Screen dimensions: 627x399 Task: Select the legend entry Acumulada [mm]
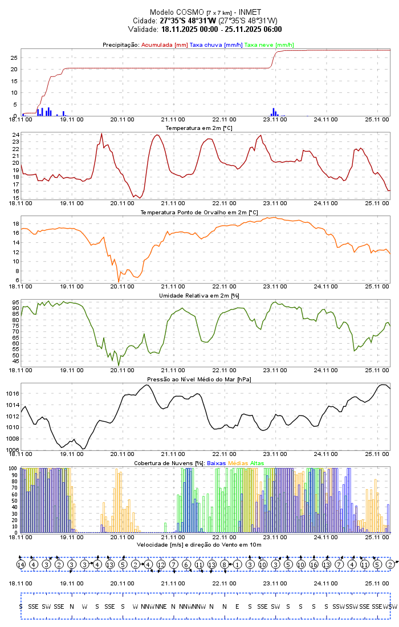pos(164,44)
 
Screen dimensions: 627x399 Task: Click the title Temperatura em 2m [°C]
pos(199,128)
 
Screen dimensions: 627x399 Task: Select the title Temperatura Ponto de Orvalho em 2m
pos(199,212)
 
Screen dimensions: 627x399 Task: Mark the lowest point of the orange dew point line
pos(119,282)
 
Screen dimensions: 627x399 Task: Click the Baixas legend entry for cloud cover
pos(216,463)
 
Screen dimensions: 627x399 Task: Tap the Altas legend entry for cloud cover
pos(256,463)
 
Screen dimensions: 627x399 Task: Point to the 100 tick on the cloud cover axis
pos(13,469)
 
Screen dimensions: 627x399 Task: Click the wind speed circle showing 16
pos(313,564)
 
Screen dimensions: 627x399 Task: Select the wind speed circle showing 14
pos(21,564)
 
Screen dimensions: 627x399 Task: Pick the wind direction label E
pos(237,606)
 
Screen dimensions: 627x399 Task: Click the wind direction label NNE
pos(161,606)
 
